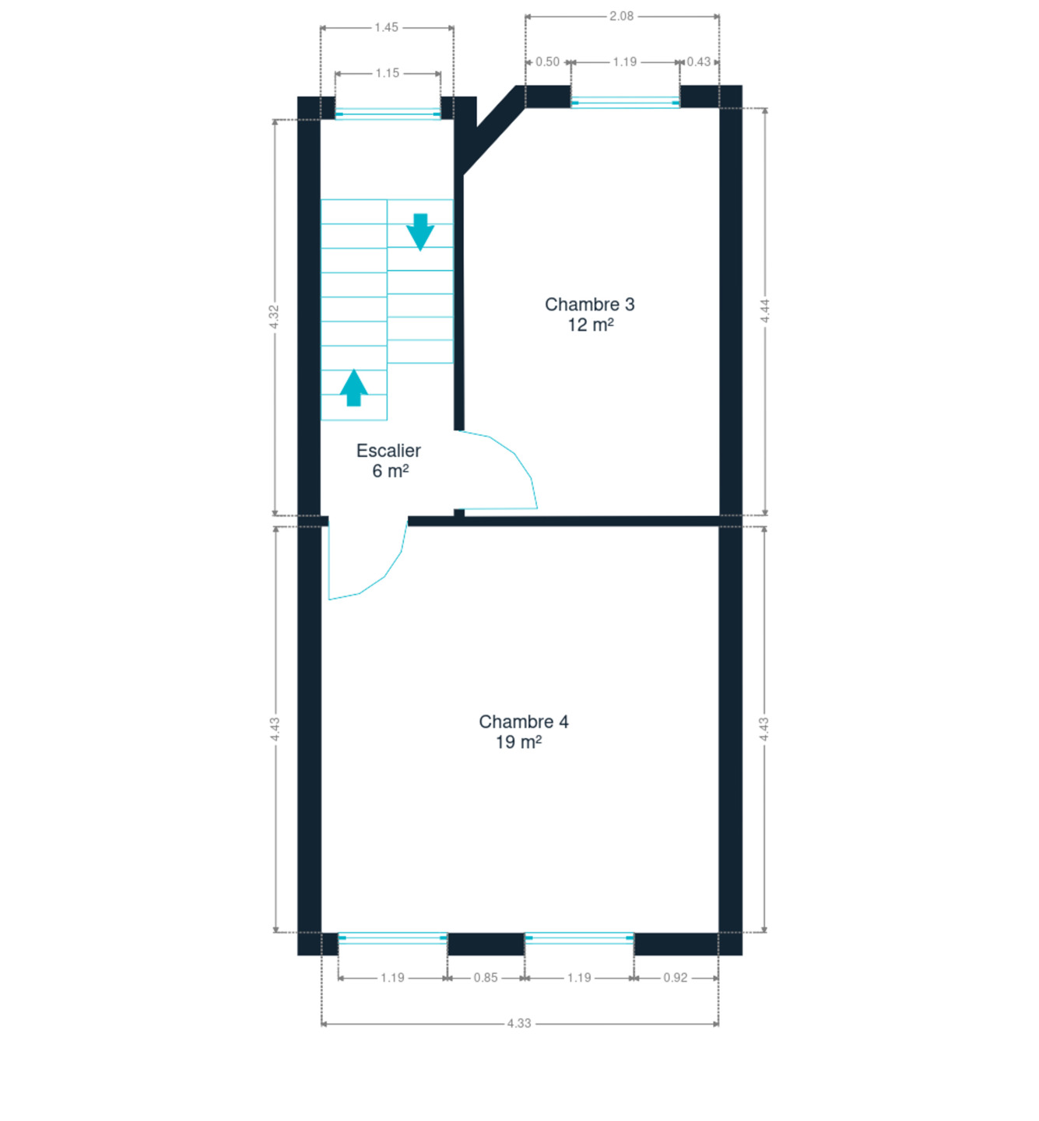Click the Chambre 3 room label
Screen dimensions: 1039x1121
pos(589,305)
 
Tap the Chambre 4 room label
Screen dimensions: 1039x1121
pos(523,722)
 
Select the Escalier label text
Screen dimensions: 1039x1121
pos(388,451)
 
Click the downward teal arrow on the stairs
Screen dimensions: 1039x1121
pos(420,232)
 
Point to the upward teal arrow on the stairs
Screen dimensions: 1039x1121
pos(354,388)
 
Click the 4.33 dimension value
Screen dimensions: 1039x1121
pos(518,1024)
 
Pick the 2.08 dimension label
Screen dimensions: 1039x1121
pos(621,16)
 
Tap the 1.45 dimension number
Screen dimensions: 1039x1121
pos(387,28)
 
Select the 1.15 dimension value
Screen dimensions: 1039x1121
pos(387,73)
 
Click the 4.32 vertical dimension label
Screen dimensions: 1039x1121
pos(274,317)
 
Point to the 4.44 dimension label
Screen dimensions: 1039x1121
pos(765,311)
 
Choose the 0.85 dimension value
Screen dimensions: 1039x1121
pos(486,979)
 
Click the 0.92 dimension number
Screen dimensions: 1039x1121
pos(675,979)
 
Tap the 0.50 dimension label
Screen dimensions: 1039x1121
pos(547,62)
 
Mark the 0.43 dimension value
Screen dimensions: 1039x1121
pos(699,62)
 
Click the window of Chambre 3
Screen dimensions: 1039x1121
pos(625,103)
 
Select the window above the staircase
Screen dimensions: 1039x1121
pos(388,114)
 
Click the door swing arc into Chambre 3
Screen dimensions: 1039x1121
pos(514,454)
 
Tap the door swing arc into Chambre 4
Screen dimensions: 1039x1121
pos(384,577)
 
